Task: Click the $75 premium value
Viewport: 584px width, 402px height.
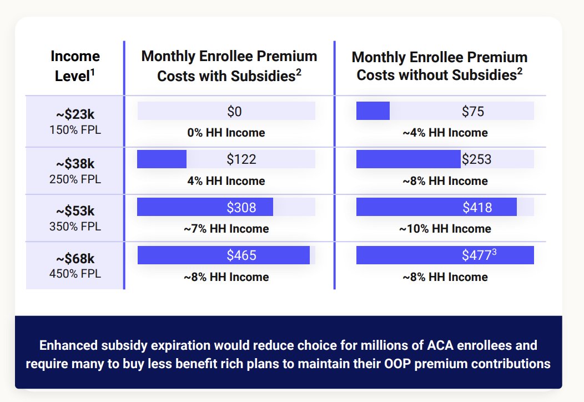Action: [472, 112]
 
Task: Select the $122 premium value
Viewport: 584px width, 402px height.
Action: [241, 159]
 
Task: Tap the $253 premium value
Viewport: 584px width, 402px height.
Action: [476, 159]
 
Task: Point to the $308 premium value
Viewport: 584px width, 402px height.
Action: [241, 208]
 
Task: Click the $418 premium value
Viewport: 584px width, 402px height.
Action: [477, 208]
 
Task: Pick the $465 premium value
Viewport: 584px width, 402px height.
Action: [241, 255]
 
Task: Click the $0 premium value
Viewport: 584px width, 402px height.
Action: [234, 112]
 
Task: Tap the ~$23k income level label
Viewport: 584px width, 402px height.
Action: [75, 114]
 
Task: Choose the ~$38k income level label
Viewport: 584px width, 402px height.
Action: [75, 164]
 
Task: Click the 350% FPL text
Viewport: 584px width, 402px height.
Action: [75, 227]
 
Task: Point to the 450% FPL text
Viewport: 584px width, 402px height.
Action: [75, 274]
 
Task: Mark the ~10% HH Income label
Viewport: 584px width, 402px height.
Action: [445, 229]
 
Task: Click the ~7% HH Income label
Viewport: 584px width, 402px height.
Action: [226, 229]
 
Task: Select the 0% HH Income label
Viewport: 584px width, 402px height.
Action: [226, 133]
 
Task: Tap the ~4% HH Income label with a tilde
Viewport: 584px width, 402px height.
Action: [445, 133]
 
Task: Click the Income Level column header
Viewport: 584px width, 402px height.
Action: [75, 66]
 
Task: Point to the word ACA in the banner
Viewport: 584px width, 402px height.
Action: [440, 345]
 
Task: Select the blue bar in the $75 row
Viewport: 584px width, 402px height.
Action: [373, 110]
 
